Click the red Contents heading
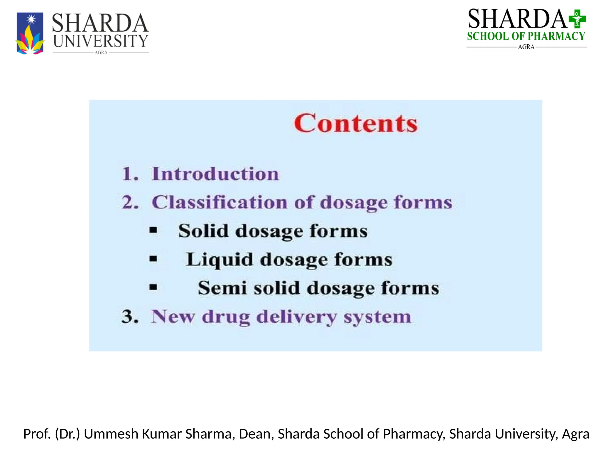[x=355, y=123]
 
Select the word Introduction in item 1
[x=215, y=174]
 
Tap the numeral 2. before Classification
[x=130, y=202]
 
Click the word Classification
[x=219, y=202]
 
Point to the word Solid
[x=203, y=230]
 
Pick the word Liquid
[x=219, y=260]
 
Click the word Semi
[x=222, y=288]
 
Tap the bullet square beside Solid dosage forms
[x=153, y=230]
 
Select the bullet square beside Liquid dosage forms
[x=153, y=259]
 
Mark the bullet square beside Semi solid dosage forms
[x=153, y=287]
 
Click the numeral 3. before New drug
[x=130, y=317]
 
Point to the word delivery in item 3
[x=296, y=317]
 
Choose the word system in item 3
[x=377, y=317]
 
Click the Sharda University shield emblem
[x=30, y=33]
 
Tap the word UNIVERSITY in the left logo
[x=100, y=41]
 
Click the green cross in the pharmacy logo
[x=577, y=19]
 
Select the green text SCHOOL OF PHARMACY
[x=526, y=36]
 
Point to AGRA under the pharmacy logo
[x=526, y=47]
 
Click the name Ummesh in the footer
[x=111, y=434]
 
